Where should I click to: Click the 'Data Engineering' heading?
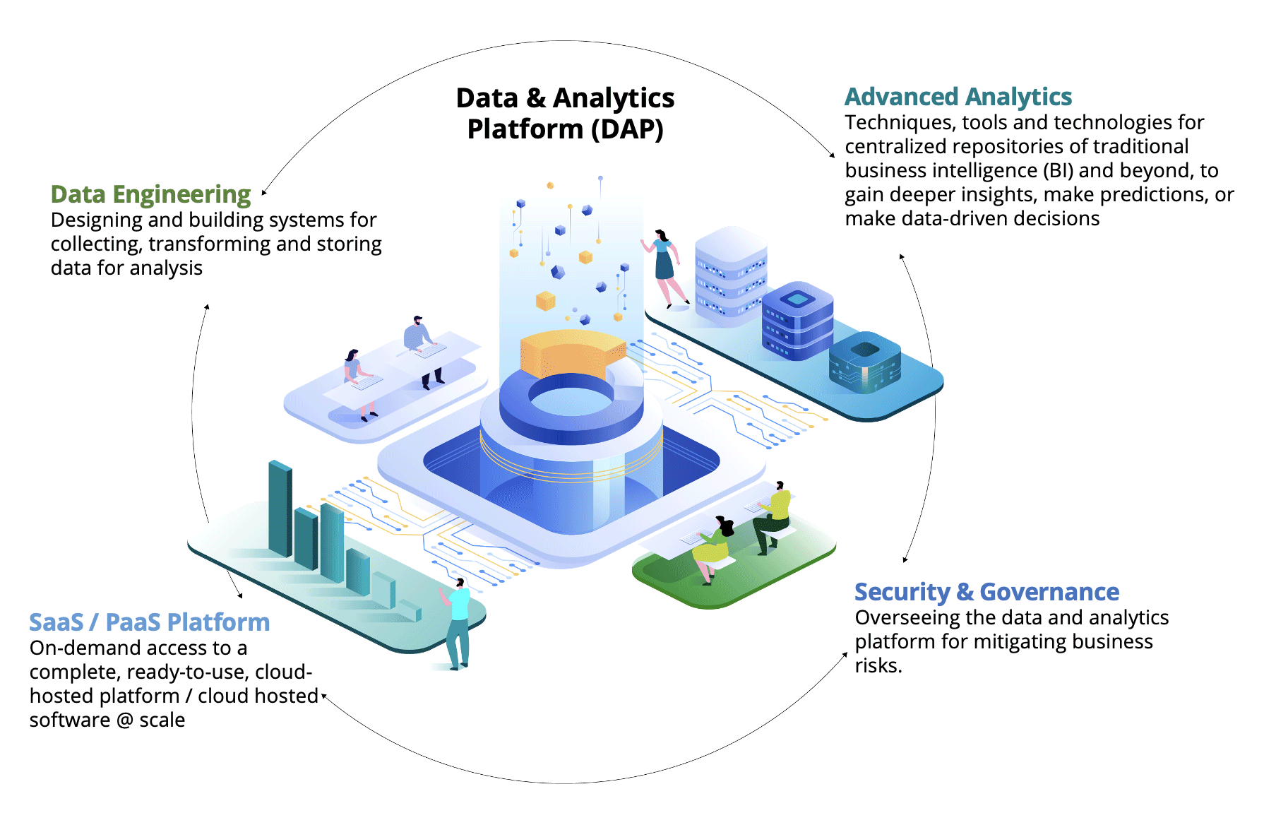(150, 194)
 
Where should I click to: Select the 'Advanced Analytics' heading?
(958, 97)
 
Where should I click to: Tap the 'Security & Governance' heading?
(986, 592)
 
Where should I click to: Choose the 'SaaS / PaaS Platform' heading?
(149, 622)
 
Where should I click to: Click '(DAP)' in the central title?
(627, 129)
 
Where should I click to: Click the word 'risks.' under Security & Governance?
(878, 666)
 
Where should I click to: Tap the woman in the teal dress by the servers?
(664, 266)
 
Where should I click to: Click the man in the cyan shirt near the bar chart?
(458, 622)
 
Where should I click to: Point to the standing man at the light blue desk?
(419, 346)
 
